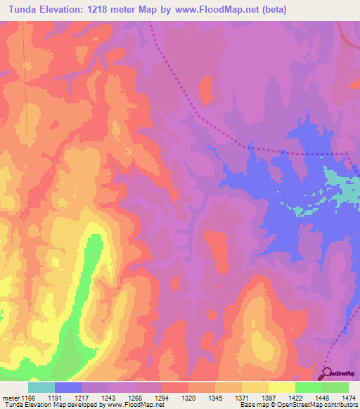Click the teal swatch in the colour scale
[41, 387]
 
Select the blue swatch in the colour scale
[68, 387]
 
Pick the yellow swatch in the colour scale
[281, 387]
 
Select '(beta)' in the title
[291, 10]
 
